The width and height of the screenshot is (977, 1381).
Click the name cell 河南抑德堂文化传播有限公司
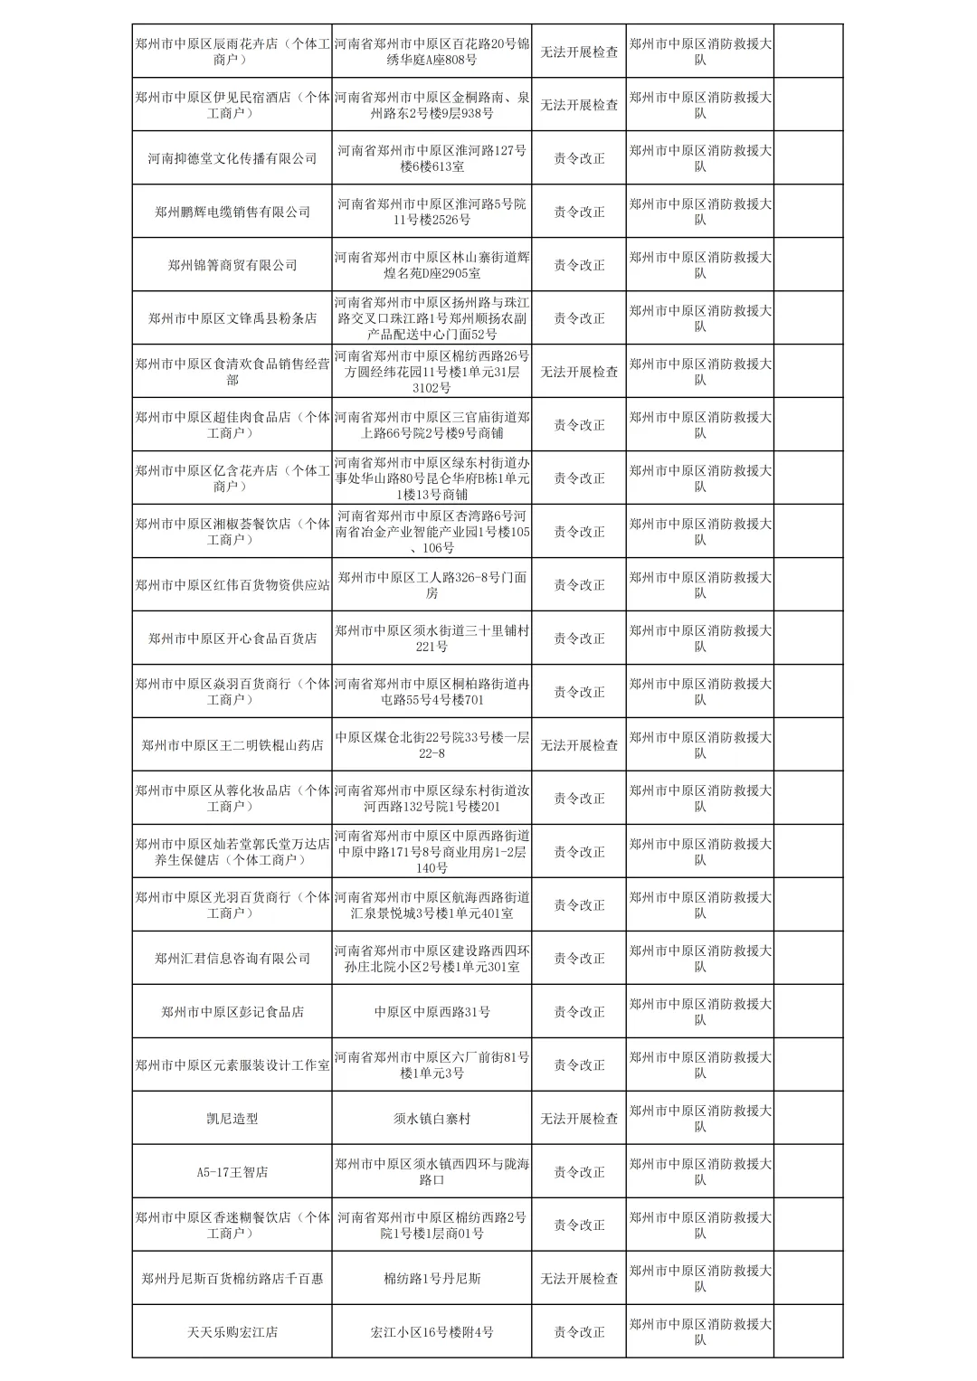tap(232, 158)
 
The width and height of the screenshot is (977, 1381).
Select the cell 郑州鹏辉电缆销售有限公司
tap(232, 212)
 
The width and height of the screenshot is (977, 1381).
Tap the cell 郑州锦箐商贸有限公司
tap(232, 265)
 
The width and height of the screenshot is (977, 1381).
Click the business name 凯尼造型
tap(232, 1119)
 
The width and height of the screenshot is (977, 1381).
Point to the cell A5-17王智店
tap(232, 1172)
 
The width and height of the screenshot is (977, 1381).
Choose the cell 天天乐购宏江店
tap(232, 1332)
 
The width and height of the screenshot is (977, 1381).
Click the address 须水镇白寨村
tap(432, 1119)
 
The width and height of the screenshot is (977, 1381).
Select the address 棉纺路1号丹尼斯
tap(432, 1279)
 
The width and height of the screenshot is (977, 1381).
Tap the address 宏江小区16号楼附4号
tap(432, 1332)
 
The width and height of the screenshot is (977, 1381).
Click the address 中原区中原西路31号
tap(432, 1012)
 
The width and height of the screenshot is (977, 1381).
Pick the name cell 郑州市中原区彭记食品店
tap(232, 1012)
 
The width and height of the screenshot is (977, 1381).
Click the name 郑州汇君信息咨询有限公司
tap(232, 959)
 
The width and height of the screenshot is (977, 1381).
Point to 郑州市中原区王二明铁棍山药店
tap(232, 745)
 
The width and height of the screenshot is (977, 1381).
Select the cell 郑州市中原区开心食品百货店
tap(232, 638)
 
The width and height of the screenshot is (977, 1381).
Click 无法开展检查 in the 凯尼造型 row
tap(579, 1119)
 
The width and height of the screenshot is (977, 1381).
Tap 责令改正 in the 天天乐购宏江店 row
tap(579, 1332)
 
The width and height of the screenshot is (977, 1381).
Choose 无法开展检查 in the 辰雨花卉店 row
tap(579, 52)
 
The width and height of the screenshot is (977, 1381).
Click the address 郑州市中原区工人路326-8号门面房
tap(432, 585)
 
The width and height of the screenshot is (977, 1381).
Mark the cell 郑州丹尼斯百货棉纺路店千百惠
tap(232, 1279)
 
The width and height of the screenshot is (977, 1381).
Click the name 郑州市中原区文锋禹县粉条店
tap(232, 318)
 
